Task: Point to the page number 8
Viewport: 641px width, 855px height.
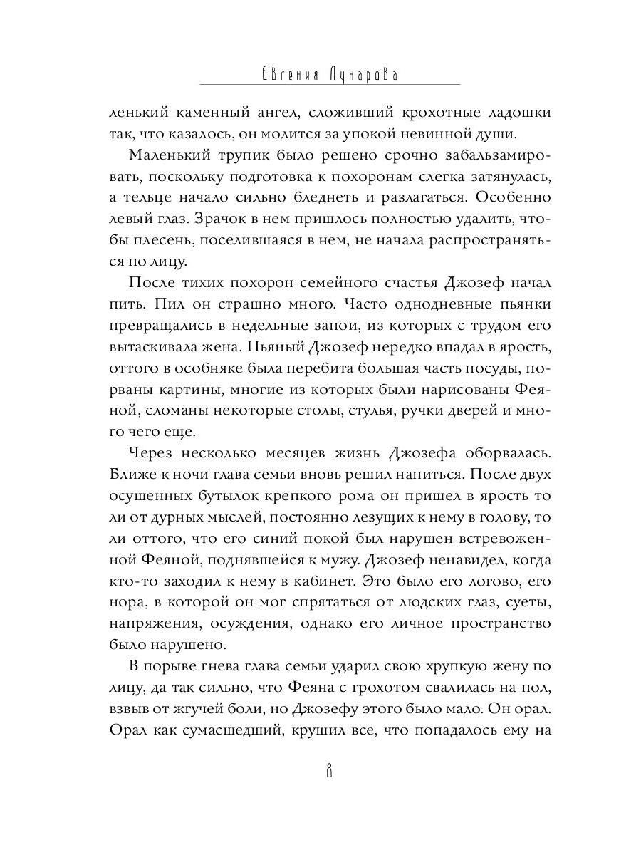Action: point(329,773)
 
